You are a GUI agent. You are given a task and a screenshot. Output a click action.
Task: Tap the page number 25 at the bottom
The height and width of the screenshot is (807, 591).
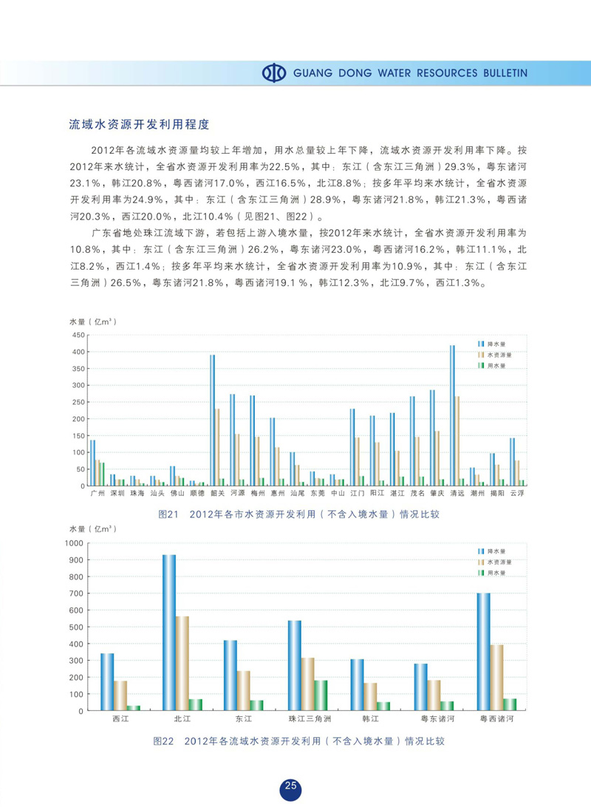tap(291, 786)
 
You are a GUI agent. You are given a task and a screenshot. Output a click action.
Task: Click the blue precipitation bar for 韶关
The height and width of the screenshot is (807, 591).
tap(212, 420)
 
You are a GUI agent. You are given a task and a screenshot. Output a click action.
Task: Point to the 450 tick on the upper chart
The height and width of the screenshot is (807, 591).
tap(76, 335)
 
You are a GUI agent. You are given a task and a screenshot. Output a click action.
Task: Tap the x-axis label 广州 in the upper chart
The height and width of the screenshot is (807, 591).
tap(96, 493)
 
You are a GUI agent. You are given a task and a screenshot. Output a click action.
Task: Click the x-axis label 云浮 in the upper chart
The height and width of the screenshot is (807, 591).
tap(516, 493)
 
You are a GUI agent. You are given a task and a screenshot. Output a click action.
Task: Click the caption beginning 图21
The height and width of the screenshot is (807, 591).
tap(299, 514)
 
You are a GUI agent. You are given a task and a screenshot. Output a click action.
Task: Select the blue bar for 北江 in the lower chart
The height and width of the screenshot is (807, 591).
tap(169, 633)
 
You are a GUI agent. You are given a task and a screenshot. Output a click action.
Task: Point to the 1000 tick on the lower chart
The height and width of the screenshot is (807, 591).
tap(75, 542)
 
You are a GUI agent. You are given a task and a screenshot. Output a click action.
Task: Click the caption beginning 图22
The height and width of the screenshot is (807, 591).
tap(299, 740)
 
